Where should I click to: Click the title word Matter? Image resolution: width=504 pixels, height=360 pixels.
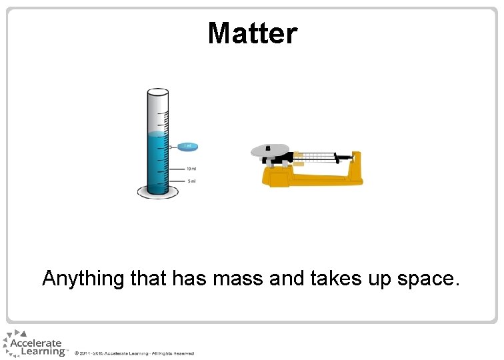(252, 33)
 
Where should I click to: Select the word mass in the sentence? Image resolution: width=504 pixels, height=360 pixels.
(239, 278)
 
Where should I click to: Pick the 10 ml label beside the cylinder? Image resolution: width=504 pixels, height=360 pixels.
(191, 169)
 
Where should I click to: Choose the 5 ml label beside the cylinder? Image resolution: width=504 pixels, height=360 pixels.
(191, 181)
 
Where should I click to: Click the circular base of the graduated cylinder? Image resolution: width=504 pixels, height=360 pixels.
(158, 193)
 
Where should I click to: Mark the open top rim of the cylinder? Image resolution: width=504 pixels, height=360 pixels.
(158, 93)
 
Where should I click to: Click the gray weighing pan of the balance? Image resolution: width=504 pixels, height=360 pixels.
(269, 150)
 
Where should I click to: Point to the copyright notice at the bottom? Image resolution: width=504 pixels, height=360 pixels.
(134, 353)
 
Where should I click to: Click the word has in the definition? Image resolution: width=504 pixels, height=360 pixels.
(189, 278)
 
